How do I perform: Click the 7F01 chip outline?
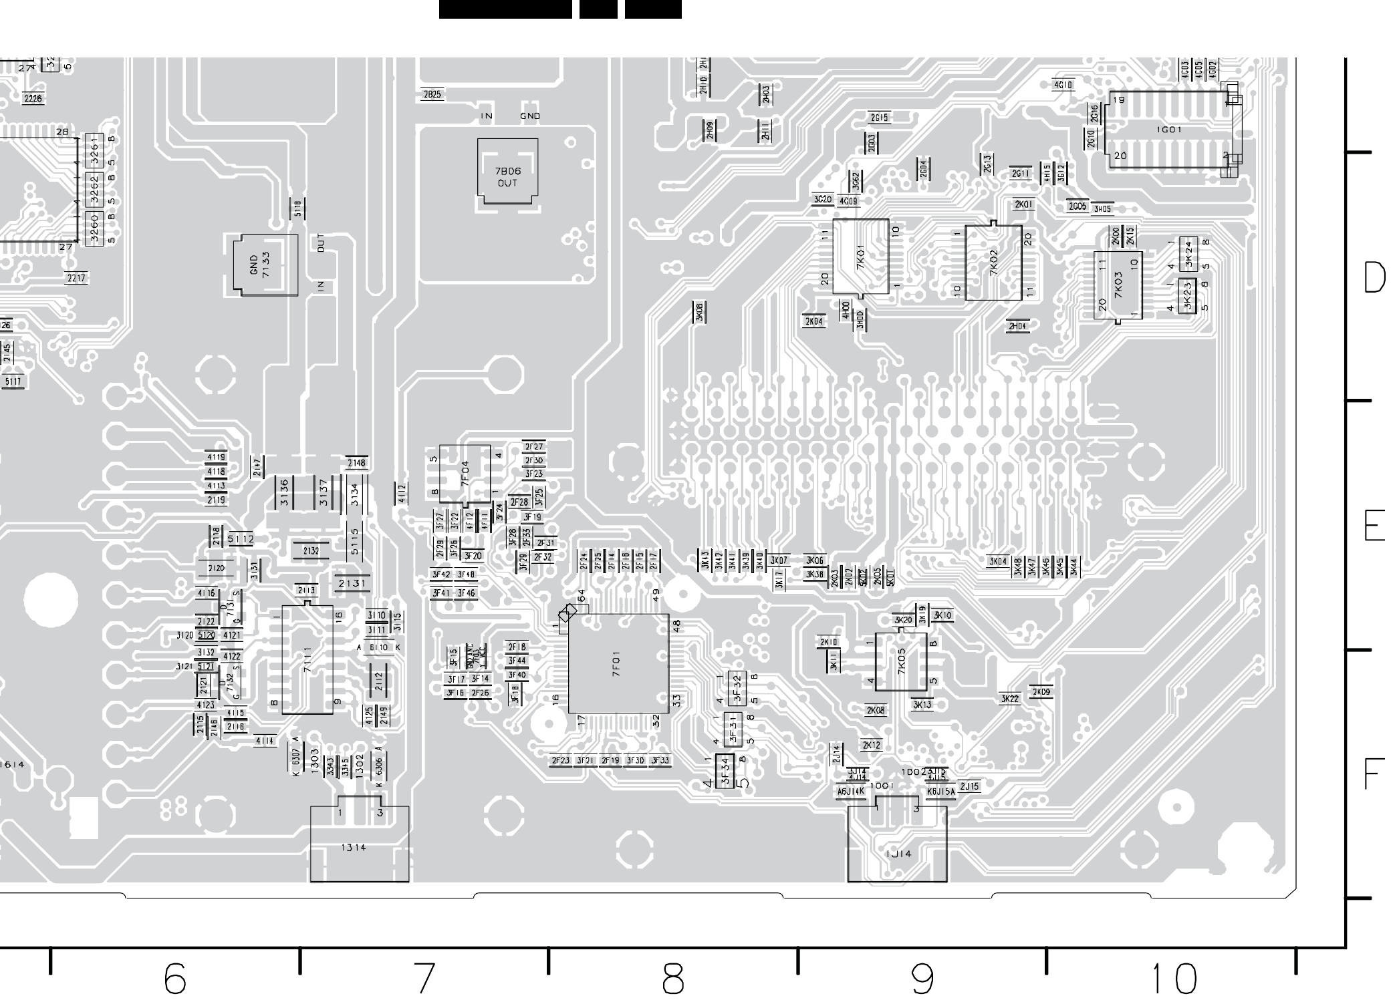click(618, 664)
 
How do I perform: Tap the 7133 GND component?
click(265, 265)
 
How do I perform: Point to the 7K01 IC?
click(860, 257)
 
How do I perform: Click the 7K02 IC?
click(993, 263)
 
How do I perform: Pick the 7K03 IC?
click(1118, 285)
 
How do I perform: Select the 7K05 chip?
click(901, 662)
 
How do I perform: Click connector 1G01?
click(1168, 130)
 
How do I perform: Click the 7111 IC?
click(307, 659)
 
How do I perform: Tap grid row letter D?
click(1374, 277)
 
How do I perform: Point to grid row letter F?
click(1372, 775)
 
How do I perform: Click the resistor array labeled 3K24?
click(1188, 253)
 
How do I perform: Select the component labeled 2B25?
click(432, 95)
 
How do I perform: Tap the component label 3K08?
click(700, 311)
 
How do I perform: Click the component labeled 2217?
click(76, 278)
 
